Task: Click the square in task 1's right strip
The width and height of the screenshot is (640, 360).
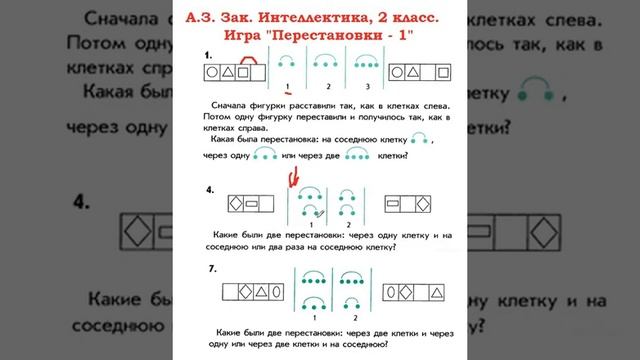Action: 426,72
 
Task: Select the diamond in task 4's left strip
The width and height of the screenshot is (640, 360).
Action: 237,204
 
